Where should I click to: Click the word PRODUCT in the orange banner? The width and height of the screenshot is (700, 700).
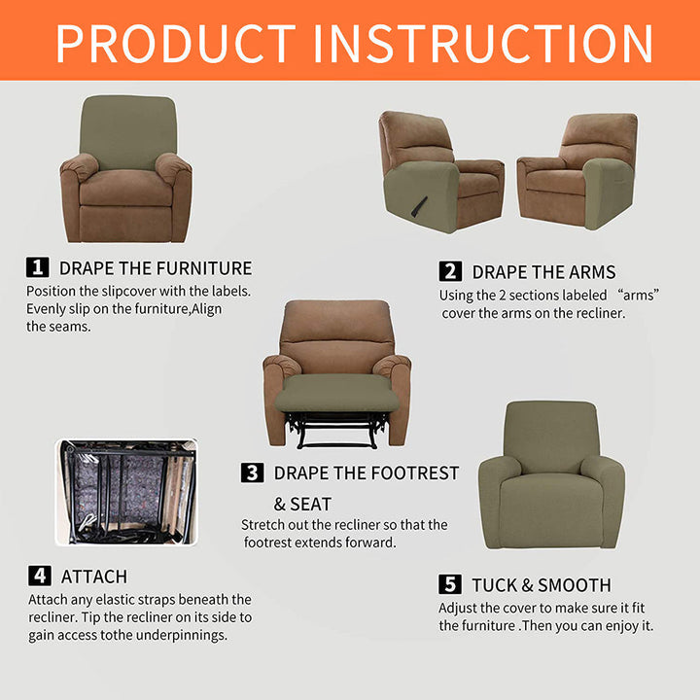[x=175, y=43]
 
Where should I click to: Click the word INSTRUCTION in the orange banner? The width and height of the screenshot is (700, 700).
[x=483, y=43]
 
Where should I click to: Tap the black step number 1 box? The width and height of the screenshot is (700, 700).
[x=38, y=267]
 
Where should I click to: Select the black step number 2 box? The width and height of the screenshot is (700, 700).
[x=450, y=271]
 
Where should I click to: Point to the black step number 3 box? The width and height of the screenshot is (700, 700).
[x=252, y=472]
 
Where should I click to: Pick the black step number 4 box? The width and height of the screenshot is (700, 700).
[x=40, y=576]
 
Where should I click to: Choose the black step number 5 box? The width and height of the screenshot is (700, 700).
[x=450, y=584]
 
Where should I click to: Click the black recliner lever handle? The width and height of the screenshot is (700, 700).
[x=419, y=207]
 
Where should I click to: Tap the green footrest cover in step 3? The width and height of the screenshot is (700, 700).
[x=336, y=393]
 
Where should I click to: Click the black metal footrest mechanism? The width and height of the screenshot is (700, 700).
[x=336, y=430]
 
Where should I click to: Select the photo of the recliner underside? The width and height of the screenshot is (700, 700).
[x=126, y=492]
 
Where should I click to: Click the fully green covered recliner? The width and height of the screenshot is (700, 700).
[x=551, y=475]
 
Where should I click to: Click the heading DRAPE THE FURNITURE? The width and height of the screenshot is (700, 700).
[x=156, y=268]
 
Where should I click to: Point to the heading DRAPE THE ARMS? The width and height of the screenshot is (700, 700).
[x=543, y=272]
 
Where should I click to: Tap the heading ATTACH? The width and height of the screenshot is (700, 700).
[x=94, y=577]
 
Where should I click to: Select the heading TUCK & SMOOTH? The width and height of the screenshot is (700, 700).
[x=542, y=585]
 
